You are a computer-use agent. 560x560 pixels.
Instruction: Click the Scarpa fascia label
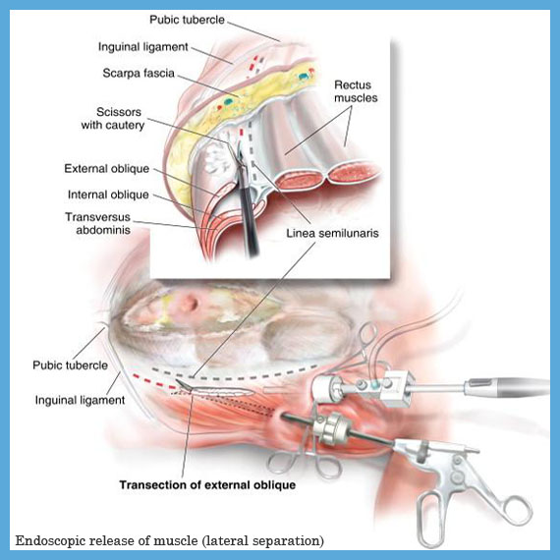tap(139, 74)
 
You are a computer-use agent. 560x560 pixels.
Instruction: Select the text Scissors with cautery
tap(113, 119)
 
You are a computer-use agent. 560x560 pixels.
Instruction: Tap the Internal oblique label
tap(108, 195)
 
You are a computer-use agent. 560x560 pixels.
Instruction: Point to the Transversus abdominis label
tap(98, 223)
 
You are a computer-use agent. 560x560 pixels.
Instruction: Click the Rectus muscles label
tap(356, 91)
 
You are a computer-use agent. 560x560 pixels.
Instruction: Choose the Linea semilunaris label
tap(332, 233)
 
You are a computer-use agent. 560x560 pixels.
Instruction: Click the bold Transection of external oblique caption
tap(207, 485)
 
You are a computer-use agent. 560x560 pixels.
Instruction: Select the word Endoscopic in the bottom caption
tap(50, 540)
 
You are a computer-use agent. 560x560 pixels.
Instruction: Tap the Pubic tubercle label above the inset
tap(187, 20)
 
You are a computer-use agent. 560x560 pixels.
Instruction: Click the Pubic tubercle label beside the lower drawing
tap(70, 365)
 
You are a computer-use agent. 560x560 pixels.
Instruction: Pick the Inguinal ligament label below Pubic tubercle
tap(80, 400)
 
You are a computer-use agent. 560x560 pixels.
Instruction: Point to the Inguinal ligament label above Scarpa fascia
tap(142, 47)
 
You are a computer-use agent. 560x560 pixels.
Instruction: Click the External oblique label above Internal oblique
tap(107, 169)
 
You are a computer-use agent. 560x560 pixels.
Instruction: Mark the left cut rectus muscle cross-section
tap(301, 179)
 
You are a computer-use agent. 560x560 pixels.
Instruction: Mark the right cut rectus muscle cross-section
tap(353, 174)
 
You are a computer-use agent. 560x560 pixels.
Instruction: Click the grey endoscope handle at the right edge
tap(506, 387)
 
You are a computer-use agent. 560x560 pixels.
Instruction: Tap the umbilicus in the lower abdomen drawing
tap(190, 304)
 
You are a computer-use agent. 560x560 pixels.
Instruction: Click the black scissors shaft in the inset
tap(248, 210)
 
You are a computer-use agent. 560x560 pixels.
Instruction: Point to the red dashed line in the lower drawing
tap(154, 381)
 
